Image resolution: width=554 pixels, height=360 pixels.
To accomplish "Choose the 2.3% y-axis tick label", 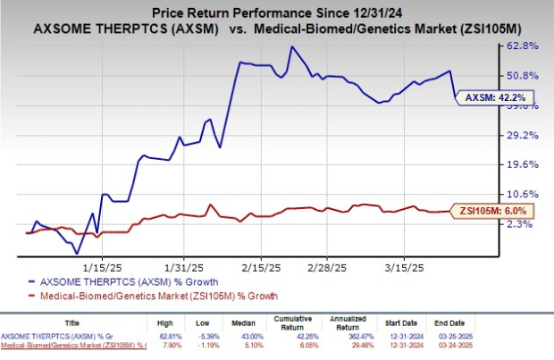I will click(526, 224).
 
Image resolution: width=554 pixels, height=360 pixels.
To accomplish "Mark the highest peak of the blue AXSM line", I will click(291, 47).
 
